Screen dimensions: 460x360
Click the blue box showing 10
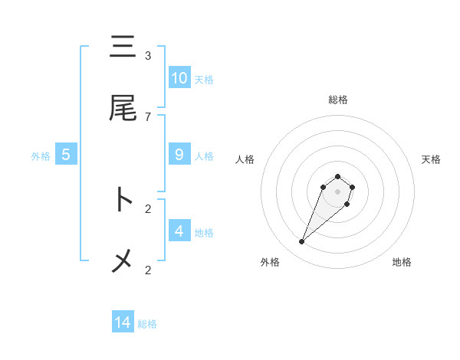pyautogui.click(x=179, y=77)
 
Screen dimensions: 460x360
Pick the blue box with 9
pyautogui.click(x=179, y=154)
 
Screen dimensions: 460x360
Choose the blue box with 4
pyautogui.click(x=179, y=231)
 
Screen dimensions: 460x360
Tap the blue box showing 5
pyautogui.click(x=66, y=154)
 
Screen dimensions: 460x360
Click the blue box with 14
pyautogui.click(x=123, y=322)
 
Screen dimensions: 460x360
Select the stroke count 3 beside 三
pyautogui.click(x=148, y=55)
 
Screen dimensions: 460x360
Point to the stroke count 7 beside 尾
pyautogui.click(x=148, y=116)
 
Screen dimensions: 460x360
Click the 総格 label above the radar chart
pyautogui.click(x=338, y=100)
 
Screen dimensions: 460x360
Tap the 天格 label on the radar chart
pyautogui.click(x=431, y=159)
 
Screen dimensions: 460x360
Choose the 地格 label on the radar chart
pyautogui.click(x=402, y=262)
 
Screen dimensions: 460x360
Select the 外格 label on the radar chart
pyautogui.click(x=270, y=262)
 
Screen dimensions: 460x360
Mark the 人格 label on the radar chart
pyautogui.click(x=245, y=159)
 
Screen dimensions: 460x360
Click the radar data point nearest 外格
pyautogui.click(x=302, y=242)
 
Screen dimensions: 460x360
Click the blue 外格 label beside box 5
pyautogui.click(x=41, y=155)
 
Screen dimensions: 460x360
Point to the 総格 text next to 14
pyautogui.click(x=147, y=324)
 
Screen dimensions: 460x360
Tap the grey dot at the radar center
pyautogui.click(x=337, y=191)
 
